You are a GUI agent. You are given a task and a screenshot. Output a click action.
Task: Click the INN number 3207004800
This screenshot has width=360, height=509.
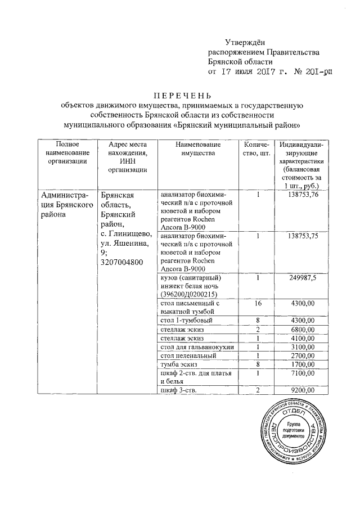coord(121,262)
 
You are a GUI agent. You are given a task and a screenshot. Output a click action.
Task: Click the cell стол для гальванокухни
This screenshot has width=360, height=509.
coord(196,346)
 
